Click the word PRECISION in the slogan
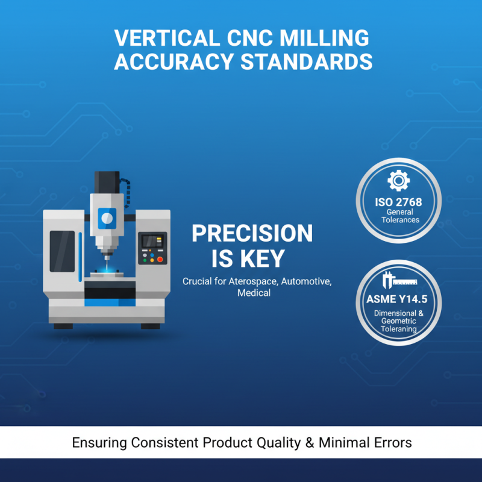point(252,234)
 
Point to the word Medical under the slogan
point(254,293)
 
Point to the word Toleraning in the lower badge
point(398,329)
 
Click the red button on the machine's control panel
point(160,259)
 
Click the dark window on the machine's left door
point(62,251)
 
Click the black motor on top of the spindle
point(107,181)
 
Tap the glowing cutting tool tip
point(107,265)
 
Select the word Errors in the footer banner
point(392,443)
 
